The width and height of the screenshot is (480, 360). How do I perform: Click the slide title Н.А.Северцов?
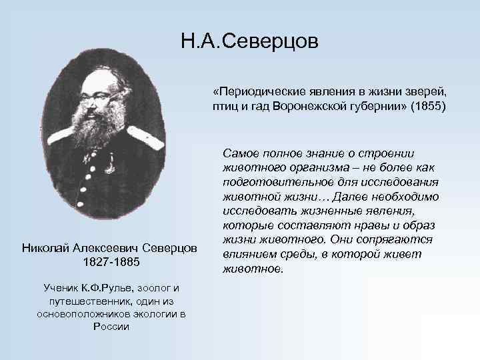click(250, 42)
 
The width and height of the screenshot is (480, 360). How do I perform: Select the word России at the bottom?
click(111, 326)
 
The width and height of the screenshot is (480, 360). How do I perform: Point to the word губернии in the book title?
click(375, 107)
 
